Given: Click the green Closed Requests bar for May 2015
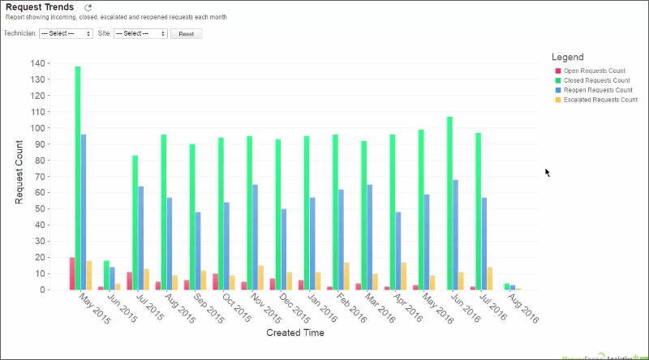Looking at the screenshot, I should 78,178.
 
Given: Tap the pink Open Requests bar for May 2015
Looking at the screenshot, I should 72,274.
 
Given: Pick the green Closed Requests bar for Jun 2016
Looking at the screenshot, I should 449,204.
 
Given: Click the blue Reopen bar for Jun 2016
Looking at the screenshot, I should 455,235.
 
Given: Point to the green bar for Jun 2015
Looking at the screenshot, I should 106,276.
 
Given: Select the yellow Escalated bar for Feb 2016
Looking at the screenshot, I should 346,276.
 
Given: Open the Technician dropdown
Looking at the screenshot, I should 66,34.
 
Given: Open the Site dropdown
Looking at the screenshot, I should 140,34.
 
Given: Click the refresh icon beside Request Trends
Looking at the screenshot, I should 88,7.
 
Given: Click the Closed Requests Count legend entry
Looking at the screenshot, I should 596,81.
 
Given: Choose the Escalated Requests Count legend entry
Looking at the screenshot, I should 600,99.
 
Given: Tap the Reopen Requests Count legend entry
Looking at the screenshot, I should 598,90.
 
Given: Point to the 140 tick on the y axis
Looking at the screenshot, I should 38,63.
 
